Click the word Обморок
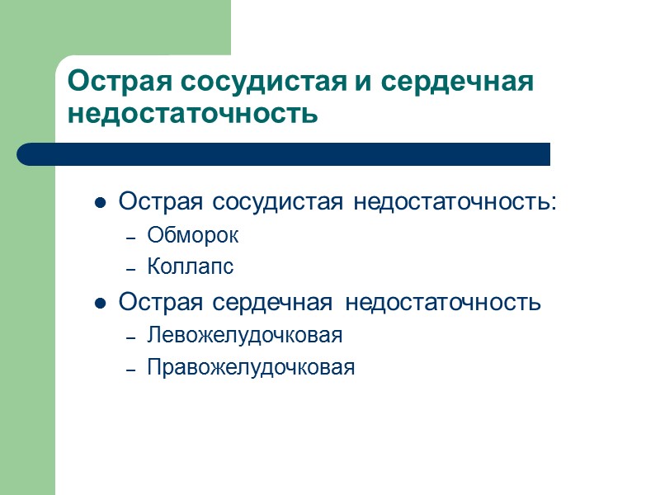pyautogui.click(x=193, y=235)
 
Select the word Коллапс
pyautogui.click(x=191, y=267)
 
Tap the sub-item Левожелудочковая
pyautogui.click(x=244, y=336)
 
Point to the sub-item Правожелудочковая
pyautogui.click(x=251, y=368)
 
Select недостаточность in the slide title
pyautogui.click(x=192, y=113)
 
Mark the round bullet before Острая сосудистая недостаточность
pyautogui.click(x=100, y=202)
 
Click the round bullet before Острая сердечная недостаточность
pyautogui.click(x=100, y=304)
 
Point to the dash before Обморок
pyautogui.click(x=130, y=238)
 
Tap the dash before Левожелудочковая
pyautogui.click(x=130, y=338)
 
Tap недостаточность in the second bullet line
pyautogui.click(x=443, y=303)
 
